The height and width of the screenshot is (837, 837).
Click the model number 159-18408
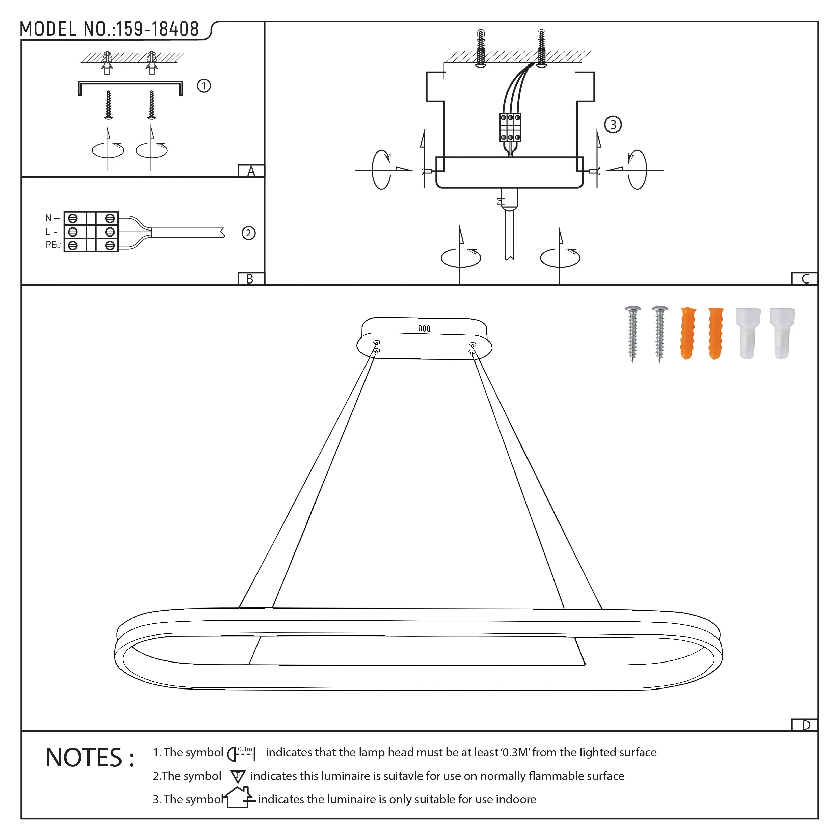(158, 29)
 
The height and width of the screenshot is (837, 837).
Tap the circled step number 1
(204, 86)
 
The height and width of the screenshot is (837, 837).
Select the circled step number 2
(248, 233)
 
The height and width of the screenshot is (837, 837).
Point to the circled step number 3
(613, 125)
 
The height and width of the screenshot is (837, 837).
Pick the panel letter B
(250, 279)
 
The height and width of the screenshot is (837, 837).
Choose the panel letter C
(805, 279)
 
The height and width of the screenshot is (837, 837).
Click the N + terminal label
(52, 218)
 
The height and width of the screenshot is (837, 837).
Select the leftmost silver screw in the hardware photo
(632, 333)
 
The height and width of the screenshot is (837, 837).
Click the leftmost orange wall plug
(687, 333)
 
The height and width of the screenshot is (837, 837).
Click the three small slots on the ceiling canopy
(424, 328)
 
